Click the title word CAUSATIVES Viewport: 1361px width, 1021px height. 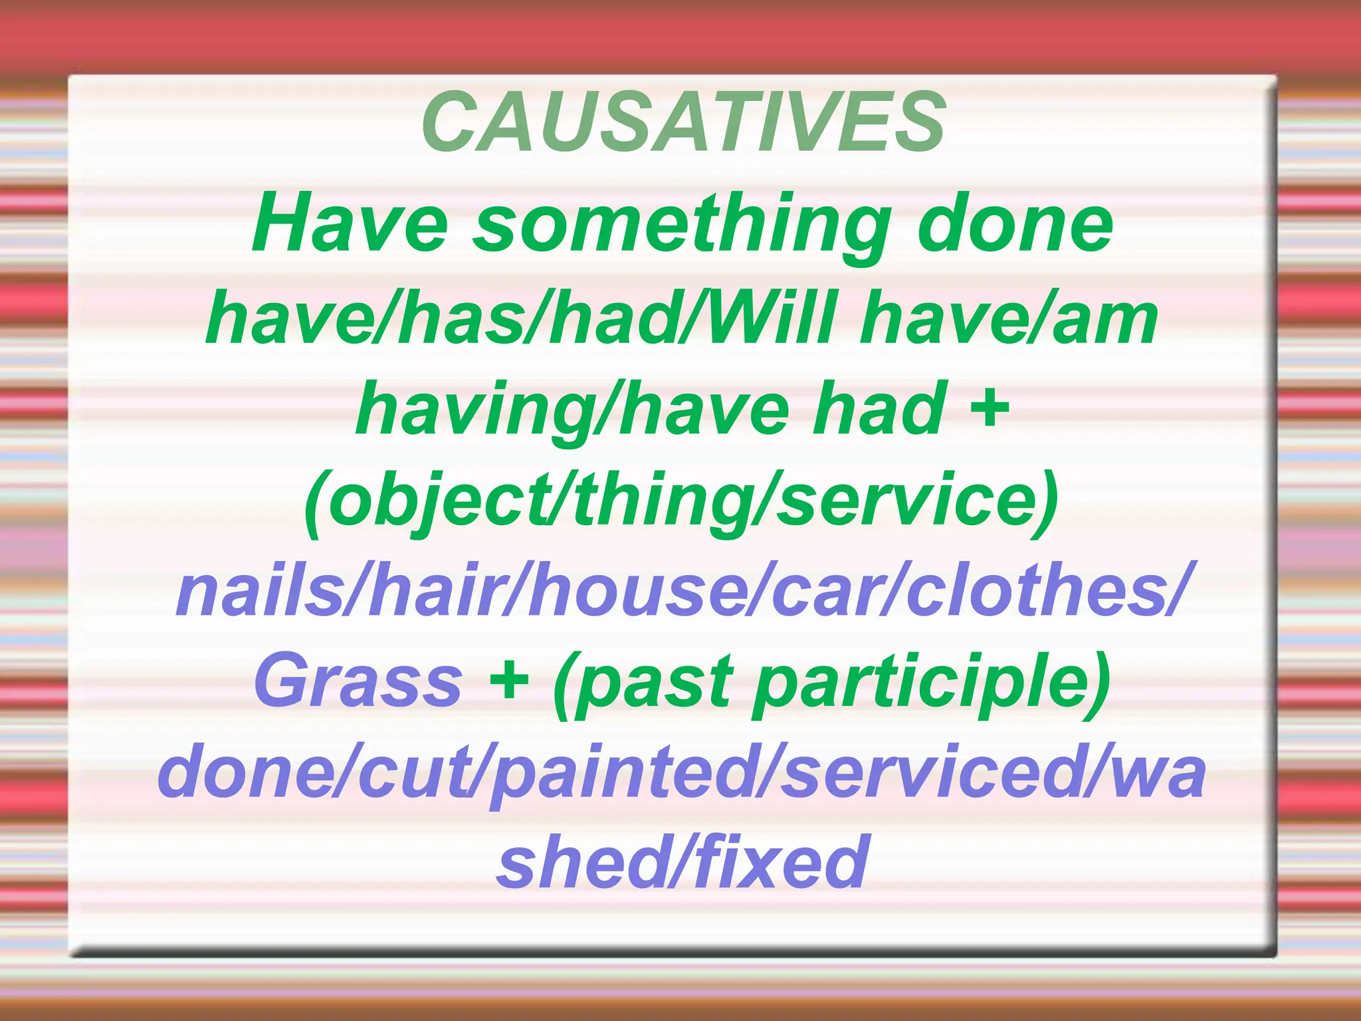tap(684, 122)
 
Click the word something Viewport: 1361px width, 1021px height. tap(682, 226)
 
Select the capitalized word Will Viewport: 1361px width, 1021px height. tap(774, 319)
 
